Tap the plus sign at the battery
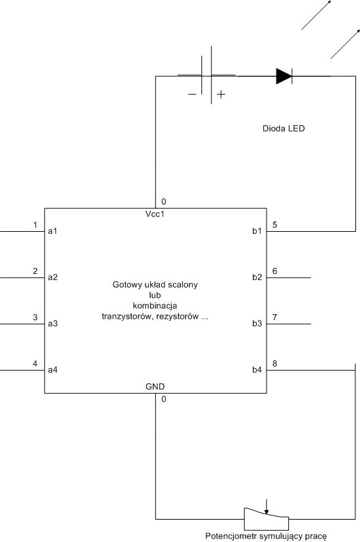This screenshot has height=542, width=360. (221, 94)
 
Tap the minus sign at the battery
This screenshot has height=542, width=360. (192, 94)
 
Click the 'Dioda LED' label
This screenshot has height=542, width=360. (284, 128)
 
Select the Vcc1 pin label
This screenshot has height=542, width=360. (155, 214)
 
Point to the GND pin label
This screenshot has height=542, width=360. (155, 387)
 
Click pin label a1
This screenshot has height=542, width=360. (53, 231)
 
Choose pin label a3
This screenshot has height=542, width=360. (53, 323)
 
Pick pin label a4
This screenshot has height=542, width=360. (53, 370)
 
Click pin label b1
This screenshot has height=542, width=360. (257, 231)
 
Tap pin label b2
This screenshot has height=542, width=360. (257, 277)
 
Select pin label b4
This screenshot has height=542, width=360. (257, 370)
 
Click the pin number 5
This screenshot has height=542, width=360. (274, 225)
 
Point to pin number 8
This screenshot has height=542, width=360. (274, 364)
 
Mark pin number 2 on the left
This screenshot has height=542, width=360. (36, 271)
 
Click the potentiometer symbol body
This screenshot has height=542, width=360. (267, 520)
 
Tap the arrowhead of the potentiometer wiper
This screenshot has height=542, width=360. (267, 512)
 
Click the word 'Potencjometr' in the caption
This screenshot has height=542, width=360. (231, 536)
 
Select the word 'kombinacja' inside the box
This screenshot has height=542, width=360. (155, 306)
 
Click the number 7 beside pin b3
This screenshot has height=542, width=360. (274, 317)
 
